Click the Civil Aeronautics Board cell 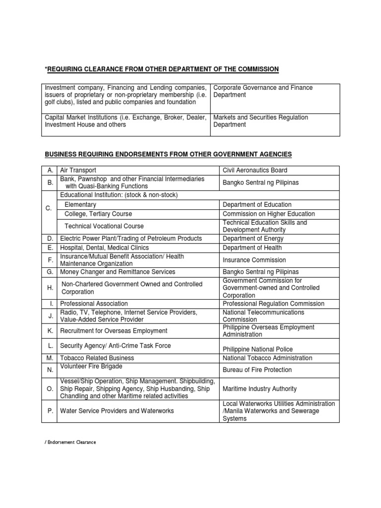click(254, 170)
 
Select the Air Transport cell click(78, 170)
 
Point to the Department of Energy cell click(254, 239)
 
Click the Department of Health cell click(252, 248)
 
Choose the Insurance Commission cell click(254, 260)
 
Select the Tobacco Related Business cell click(97, 358)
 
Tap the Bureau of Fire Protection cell click(257, 370)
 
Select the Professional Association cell click(94, 304)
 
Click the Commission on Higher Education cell click(268, 214)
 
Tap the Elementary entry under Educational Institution click(81, 204)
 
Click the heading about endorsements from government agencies click(169, 154)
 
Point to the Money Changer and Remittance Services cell click(118, 272)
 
